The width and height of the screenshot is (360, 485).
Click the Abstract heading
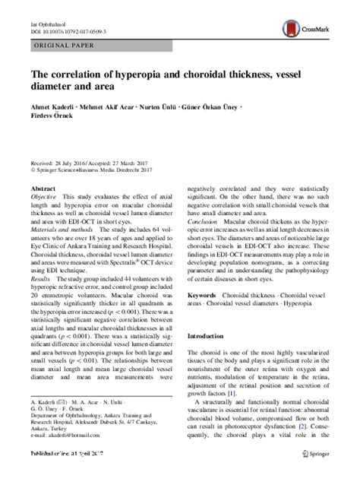click(x=43, y=186)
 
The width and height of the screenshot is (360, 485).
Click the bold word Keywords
click(x=206, y=315)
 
